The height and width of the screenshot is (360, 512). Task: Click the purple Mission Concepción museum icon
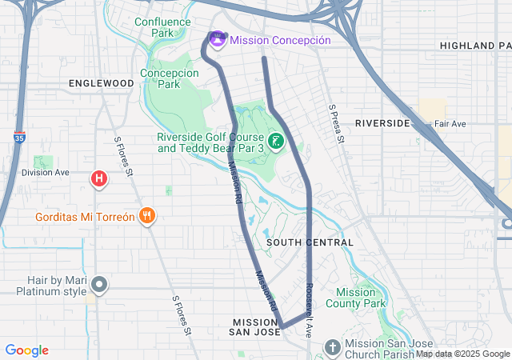(x=217, y=38)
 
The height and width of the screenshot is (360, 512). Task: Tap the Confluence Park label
(x=163, y=28)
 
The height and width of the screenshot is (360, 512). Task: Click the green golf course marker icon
(x=276, y=142)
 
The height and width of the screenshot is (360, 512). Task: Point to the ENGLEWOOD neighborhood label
(x=101, y=83)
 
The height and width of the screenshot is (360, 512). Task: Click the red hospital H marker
(x=99, y=178)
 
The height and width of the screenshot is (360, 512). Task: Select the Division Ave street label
(x=46, y=172)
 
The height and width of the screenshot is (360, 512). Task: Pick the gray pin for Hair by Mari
(x=99, y=284)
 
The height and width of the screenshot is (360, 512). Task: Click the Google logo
(x=26, y=350)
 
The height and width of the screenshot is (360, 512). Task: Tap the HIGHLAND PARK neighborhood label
(x=475, y=46)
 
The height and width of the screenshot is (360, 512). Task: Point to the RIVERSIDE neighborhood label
(x=382, y=123)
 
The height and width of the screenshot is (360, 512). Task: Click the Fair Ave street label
(x=450, y=124)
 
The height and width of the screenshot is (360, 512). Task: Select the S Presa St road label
(x=337, y=124)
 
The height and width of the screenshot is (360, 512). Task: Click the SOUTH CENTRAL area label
(x=310, y=242)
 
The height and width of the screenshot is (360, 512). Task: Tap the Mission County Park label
(x=360, y=298)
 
